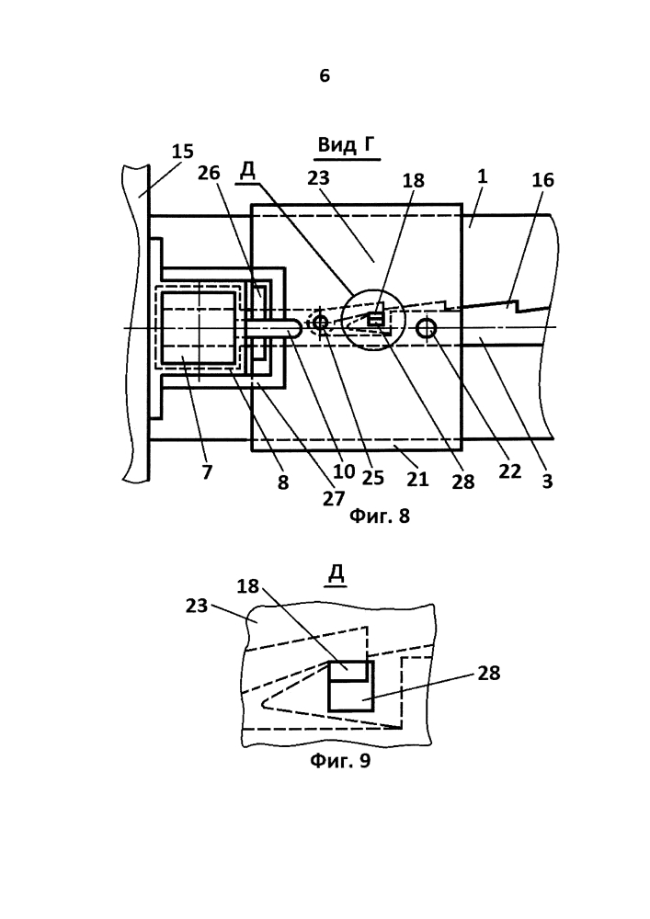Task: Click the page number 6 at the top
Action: pyautogui.click(x=325, y=75)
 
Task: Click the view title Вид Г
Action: pyautogui.click(x=346, y=143)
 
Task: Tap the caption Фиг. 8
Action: pyautogui.click(x=379, y=516)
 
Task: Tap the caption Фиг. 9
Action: pyautogui.click(x=340, y=761)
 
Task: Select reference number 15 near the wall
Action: pyautogui.click(x=182, y=152)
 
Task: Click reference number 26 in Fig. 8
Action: pyautogui.click(x=208, y=173)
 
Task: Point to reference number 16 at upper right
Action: pyautogui.click(x=542, y=180)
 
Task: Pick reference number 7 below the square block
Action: pyautogui.click(x=207, y=472)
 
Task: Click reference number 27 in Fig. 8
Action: pyautogui.click(x=333, y=498)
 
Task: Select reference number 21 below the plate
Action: pyautogui.click(x=417, y=480)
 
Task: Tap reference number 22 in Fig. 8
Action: pyautogui.click(x=509, y=471)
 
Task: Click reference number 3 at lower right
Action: pyautogui.click(x=547, y=482)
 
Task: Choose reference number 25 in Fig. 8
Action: pyautogui.click(x=372, y=478)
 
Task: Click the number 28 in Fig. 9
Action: pyautogui.click(x=489, y=674)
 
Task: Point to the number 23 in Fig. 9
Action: pyautogui.click(x=197, y=606)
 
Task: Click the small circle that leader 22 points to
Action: pyautogui.click(x=426, y=329)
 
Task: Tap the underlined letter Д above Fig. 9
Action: pyautogui.click(x=336, y=575)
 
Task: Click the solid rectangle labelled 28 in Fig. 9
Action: pyautogui.click(x=351, y=686)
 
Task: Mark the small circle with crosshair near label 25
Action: pyautogui.click(x=320, y=323)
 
